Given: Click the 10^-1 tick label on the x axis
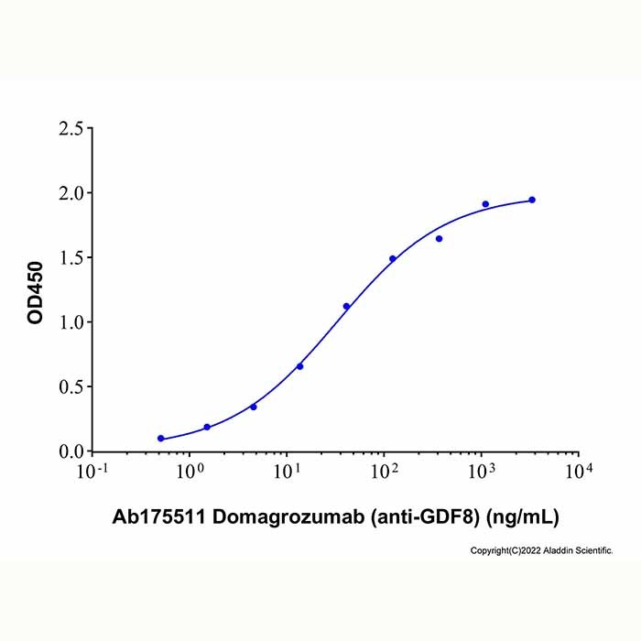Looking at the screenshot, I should (x=93, y=471).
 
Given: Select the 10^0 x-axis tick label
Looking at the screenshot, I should (x=190, y=471).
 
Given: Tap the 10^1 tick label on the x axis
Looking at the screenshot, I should (x=288, y=471).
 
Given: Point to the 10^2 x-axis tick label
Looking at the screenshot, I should (x=385, y=471).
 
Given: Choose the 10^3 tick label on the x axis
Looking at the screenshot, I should (x=482, y=471).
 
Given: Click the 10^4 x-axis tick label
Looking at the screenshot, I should (x=579, y=471).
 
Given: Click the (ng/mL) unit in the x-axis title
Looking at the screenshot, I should (x=520, y=517).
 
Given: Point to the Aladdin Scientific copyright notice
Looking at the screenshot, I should (x=541, y=550).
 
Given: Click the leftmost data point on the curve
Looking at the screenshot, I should (x=161, y=439).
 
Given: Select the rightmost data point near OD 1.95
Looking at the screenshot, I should (x=532, y=200).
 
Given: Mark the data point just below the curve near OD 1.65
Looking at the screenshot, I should (x=439, y=239).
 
